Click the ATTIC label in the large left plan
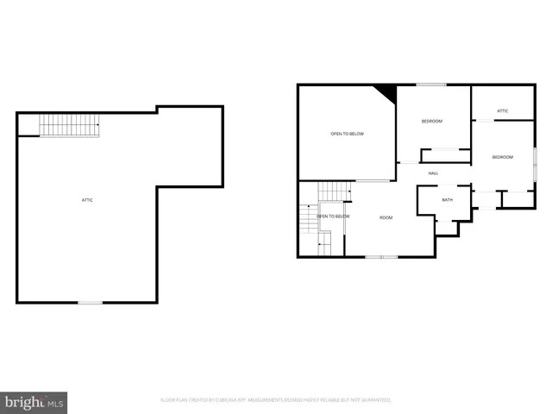[x=87, y=200]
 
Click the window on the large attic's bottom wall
[x=90, y=302]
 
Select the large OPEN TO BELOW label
[x=347, y=134]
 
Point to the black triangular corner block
[x=386, y=92]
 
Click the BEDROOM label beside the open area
[x=431, y=121]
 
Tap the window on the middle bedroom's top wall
[x=431, y=85]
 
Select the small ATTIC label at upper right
[x=502, y=110]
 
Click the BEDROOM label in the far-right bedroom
[x=502, y=157]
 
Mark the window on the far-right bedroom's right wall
[x=535, y=164]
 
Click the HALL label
[x=433, y=173]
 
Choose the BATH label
[x=447, y=200]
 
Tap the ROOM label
[x=386, y=217]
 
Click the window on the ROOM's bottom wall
[x=380, y=256]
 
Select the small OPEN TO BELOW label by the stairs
[x=333, y=216]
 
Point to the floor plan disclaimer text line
[x=276, y=400]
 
